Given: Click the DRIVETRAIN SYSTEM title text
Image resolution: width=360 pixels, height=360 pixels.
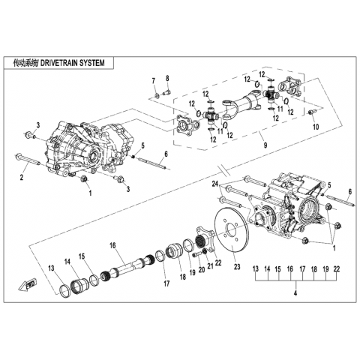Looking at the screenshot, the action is pyautogui.click(x=72, y=63).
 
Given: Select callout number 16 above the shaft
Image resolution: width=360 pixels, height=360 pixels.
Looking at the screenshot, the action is pyautogui.click(x=112, y=245).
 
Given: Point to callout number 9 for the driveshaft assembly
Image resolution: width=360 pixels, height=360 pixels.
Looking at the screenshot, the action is pyautogui.click(x=265, y=145).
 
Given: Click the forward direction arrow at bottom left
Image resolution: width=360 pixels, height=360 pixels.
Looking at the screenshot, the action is pyautogui.click(x=27, y=284).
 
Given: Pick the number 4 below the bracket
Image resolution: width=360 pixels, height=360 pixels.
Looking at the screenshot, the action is pyautogui.click(x=295, y=293).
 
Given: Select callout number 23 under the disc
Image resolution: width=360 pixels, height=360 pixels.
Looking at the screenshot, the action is pyautogui.click(x=237, y=267).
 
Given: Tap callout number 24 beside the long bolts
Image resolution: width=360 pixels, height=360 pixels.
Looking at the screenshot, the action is pyautogui.click(x=215, y=184).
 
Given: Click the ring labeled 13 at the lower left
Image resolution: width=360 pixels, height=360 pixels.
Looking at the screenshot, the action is pyautogui.click(x=66, y=290).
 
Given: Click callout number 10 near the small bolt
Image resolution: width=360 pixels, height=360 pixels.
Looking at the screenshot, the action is pyautogui.click(x=316, y=127).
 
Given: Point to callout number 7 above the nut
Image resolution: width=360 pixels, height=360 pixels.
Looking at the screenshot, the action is pyautogui.click(x=154, y=80).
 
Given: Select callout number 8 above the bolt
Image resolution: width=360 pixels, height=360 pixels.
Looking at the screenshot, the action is pyautogui.click(x=167, y=78).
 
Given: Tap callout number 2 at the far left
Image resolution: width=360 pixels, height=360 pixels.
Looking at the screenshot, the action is pyautogui.click(x=22, y=178).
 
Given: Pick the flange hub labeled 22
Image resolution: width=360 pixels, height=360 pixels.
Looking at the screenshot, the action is pyautogui.click(x=205, y=238).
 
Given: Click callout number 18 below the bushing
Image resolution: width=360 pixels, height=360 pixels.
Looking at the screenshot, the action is pyautogui.click(x=183, y=277).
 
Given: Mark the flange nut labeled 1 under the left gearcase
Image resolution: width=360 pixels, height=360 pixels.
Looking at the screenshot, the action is pyautogui.click(x=83, y=179).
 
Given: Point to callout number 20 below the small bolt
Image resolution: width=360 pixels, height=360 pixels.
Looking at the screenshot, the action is pyautogui.click(x=202, y=269).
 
